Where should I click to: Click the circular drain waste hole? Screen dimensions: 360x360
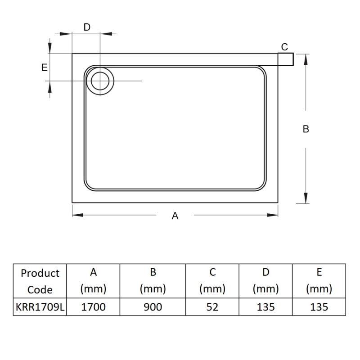(x=99, y=81)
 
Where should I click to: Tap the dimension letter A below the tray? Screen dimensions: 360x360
(x=175, y=216)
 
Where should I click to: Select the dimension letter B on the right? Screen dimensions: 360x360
(x=306, y=129)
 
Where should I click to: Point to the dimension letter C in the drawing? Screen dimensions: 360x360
(x=284, y=47)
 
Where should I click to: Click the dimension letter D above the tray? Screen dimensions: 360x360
(x=87, y=27)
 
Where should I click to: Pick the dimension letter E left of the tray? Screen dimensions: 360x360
(x=44, y=67)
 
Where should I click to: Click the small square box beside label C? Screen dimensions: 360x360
(x=285, y=59)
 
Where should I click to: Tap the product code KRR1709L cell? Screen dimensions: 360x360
(x=40, y=307)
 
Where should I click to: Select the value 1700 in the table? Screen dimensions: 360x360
(x=93, y=307)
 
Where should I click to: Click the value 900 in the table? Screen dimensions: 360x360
(x=153, y=307)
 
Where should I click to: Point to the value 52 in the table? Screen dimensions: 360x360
(x=212, y=307)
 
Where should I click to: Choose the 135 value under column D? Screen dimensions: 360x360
(x=265, y=307)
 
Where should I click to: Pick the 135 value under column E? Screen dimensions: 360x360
(x=319, y=307)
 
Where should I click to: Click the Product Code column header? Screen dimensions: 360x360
(x=40, y=281)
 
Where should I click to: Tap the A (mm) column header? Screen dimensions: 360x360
(x=93, y=281)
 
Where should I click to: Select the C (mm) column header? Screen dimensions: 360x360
(x=212, y=281)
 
